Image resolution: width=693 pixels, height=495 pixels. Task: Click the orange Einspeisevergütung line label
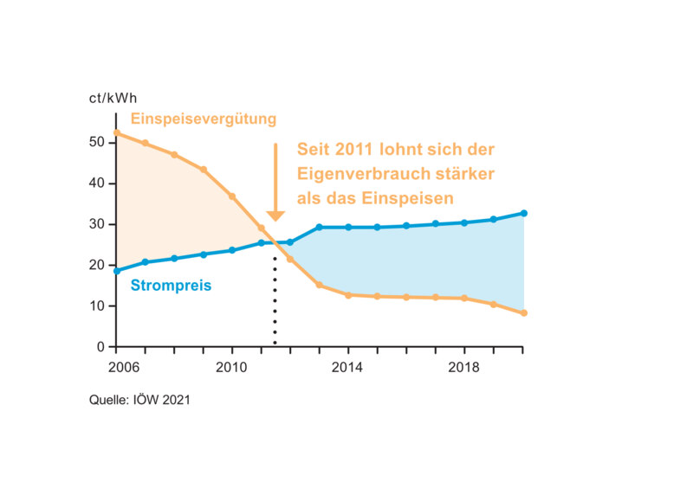click(x=204, y=119)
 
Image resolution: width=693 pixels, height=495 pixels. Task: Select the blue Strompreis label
click(x=171, y=286)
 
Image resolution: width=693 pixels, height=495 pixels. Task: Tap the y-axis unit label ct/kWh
click(x=113, y=98)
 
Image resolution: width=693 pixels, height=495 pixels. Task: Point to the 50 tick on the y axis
click(x=97, y=142)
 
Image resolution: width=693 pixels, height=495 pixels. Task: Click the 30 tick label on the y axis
click(x=97, y=224)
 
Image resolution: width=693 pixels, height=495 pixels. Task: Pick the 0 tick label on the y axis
click(x=100, y=347)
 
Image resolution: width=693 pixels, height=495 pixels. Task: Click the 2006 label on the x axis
click(x=124, y=367)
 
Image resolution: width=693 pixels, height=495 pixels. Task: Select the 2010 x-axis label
click(x=231, y=367)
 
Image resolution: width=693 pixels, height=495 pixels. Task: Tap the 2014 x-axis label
click(x=347, y=367)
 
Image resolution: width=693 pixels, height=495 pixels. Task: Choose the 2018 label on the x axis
click(x=463, y=367)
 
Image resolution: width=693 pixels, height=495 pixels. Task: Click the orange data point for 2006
click(x=117, y=132)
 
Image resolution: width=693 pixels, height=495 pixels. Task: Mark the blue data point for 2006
click(x=117, y=271)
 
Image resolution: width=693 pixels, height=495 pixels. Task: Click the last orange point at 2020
click(x=524, y=313)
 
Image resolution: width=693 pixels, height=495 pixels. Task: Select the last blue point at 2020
click(x=524, y=213)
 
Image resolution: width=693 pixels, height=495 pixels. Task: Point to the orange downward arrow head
click(x=275, y=215)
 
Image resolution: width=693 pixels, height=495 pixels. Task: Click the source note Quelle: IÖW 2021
click(x=139, y=400)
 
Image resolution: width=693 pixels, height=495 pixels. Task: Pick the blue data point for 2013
click(x=319, y=228)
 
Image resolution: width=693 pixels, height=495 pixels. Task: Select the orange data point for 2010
click(x=232, y=196)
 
